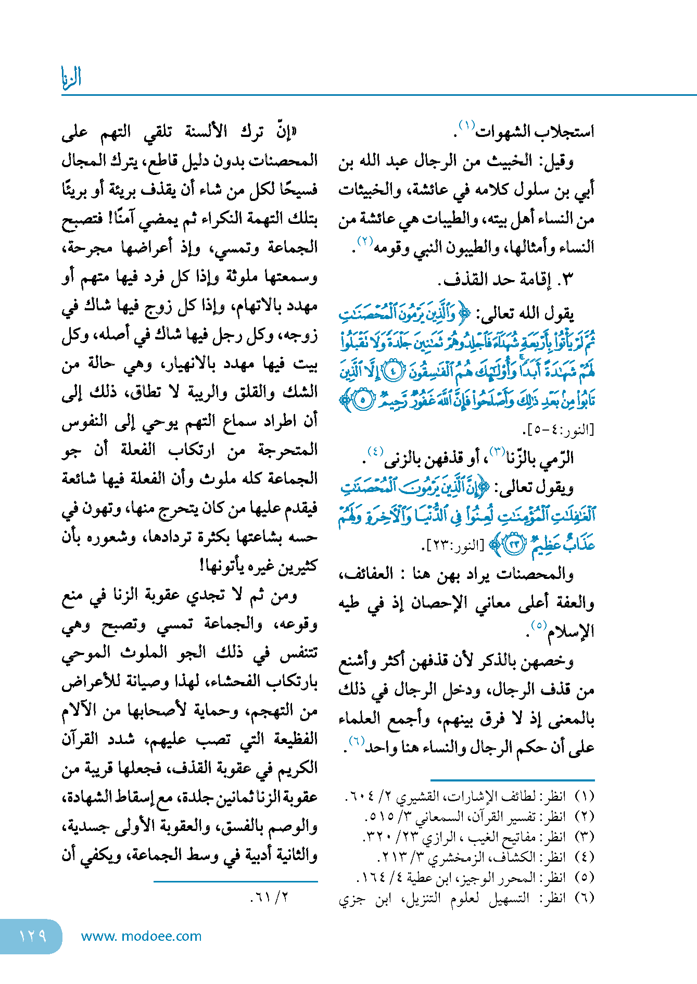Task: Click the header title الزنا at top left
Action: tap(71, 78)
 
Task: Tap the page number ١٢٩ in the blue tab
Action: tap(33, 936)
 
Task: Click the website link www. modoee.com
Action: tap(141, 936)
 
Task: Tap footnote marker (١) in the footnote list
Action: tap(584, 796)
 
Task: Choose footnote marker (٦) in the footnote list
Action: tap(584, 898)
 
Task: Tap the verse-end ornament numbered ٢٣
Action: tap(514, 545)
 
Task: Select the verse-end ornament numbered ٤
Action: tap(393, 371)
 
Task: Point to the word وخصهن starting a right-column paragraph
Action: tap(552, 661)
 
